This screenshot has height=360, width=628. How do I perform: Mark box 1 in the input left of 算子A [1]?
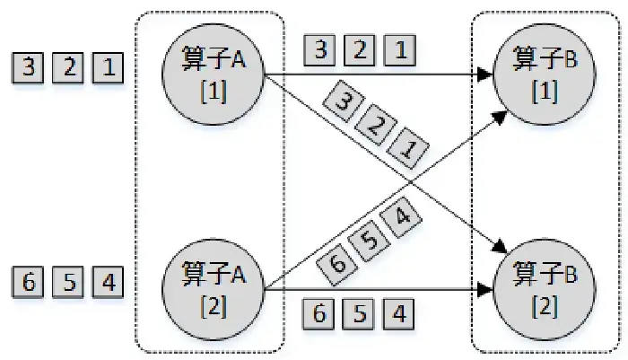click(107, 68)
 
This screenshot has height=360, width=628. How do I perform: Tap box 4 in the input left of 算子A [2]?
click(107, 282)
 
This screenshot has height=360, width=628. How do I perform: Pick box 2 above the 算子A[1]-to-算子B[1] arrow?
click(360, 49)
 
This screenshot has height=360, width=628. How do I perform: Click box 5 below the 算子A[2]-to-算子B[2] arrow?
click(360, 314)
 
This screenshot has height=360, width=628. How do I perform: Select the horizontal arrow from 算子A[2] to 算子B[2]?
click(377, 289)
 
